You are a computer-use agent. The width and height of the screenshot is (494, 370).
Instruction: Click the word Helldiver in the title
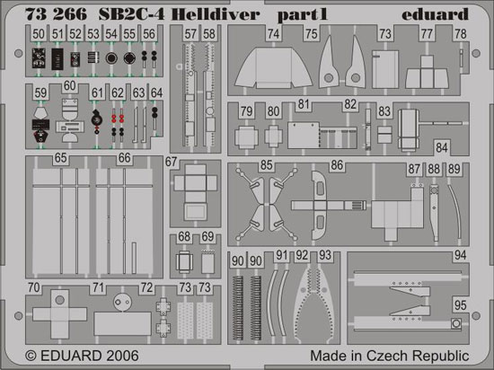coord(216,14)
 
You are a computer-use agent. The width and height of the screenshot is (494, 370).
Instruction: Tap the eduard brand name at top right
coord(435,14)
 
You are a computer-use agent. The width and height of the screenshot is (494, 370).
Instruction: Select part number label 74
coord(273,34)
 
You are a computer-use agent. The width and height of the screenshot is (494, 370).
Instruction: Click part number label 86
coord(337,165)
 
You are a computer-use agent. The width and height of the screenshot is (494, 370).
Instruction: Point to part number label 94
coord(460,255)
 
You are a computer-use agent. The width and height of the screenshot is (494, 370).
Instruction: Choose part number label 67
coord(171,162)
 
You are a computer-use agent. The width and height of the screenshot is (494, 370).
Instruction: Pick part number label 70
coord(34,287)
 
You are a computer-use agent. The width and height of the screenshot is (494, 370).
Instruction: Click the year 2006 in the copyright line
coord(122,356)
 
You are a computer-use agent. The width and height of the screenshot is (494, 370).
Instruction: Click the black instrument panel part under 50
coord(39,58)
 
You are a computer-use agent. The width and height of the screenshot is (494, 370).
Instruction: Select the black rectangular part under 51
coord(57,59)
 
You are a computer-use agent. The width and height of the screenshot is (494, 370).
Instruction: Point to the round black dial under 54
coord(111,58)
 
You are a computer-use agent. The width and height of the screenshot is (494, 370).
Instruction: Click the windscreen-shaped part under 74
coord(273,67)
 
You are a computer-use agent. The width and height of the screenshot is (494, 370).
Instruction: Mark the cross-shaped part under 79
coord(246,137)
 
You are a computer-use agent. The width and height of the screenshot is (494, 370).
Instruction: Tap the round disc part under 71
coord(122,303)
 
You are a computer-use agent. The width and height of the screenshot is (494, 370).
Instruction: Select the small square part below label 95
coord(456,323)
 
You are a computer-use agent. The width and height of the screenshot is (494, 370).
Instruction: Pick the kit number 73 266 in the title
coord(56,14)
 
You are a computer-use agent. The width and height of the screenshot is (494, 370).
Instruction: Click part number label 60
coord(70,85)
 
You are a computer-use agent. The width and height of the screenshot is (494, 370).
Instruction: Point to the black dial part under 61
coord(97,120)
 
